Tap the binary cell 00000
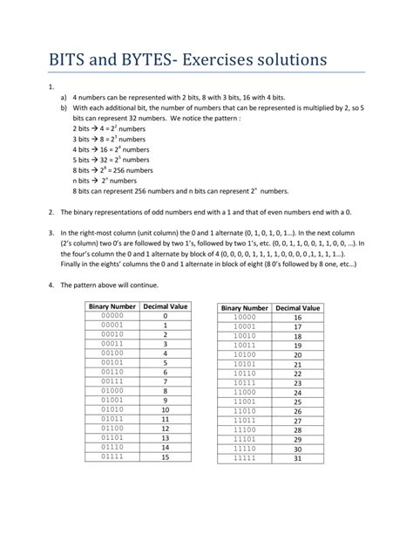coord(112,315)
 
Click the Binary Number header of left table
coord(112,305)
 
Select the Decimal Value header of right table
coord(297,307)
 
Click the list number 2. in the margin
coord(52,211)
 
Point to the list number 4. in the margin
coord(52,285)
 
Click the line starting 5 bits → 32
coord(109,160)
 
